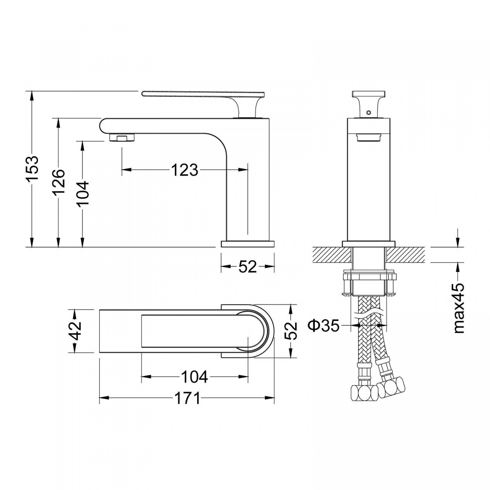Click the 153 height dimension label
pyautogui.click(x=32, y=168)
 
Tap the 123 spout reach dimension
pyautogui.click(x=185, y=170)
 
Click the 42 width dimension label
pyautogui.click(x=75, y=331)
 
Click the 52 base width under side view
pyautogui.click(x=248, y=267)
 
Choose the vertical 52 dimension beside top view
pyautogui.click(x=291, y=331)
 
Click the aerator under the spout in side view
pyautogui.click(x=122, y=138)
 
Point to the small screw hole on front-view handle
pyautogui.click(x=367, y=112)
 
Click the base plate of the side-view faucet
pyautogui.click(x=247, y=244)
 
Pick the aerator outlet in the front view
pyautogui.click(x=369, y=137)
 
